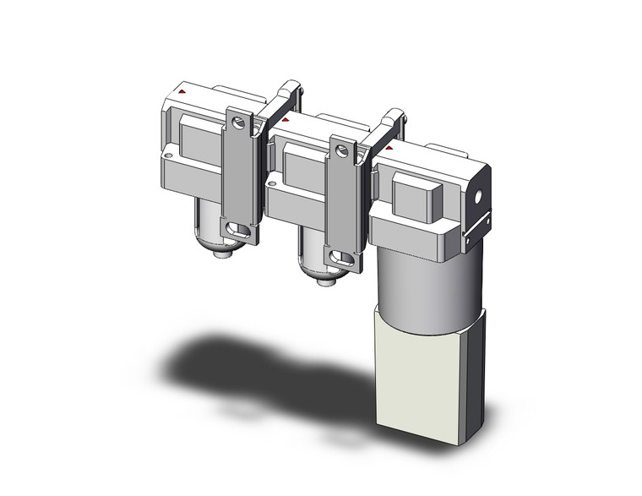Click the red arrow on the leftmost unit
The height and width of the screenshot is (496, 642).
(183, 90)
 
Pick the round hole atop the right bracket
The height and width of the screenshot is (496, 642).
(342, 152)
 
